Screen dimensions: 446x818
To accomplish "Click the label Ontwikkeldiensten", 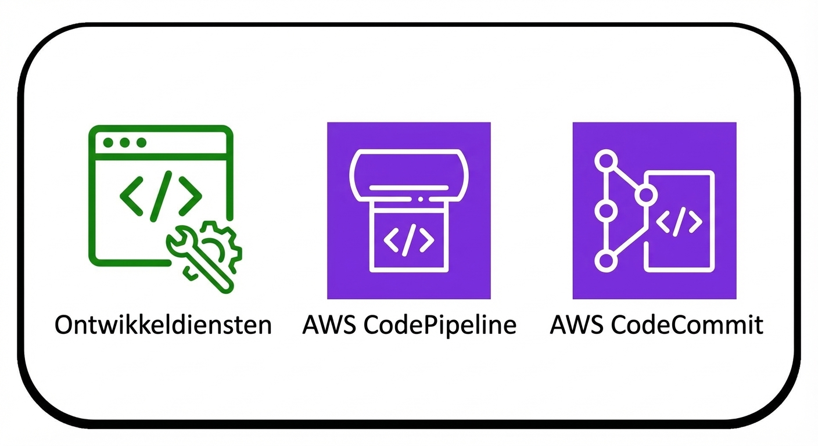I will [163, 325].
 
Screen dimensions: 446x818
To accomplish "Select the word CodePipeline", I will [440, 325].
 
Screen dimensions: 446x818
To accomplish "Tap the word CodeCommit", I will [688, 325].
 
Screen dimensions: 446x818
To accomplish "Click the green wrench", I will [201, 258].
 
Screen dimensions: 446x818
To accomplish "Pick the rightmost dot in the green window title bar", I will [141, 142].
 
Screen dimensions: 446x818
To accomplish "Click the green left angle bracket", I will [132, 195].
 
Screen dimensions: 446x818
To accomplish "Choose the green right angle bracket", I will [190, 195].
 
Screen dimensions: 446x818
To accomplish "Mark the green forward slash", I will [161, 195].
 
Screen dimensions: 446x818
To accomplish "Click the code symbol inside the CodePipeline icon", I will [410, 240].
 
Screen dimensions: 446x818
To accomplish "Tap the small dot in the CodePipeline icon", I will [421, 199].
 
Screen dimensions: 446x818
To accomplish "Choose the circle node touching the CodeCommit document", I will [645, 196].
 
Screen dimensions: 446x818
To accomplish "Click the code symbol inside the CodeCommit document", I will [679, 221].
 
